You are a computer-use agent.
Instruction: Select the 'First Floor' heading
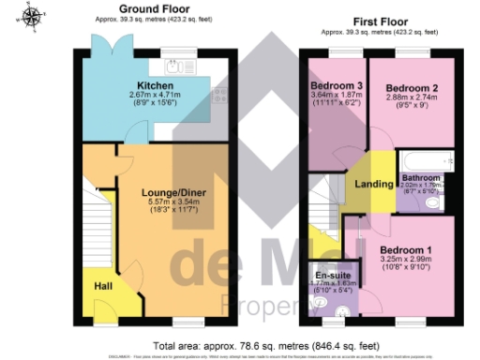click(x=383, y=20)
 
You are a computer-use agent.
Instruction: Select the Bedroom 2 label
click(x=410, y=88)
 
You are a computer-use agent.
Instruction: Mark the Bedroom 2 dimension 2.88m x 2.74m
click(x=410, y=98)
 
